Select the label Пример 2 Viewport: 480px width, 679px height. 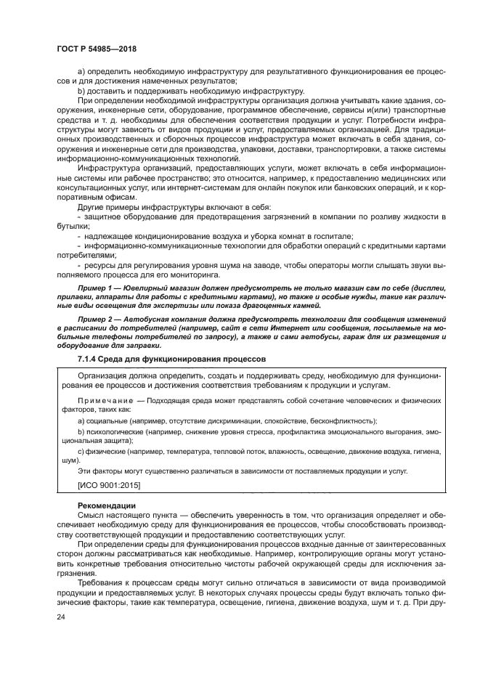95,320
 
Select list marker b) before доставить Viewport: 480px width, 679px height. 80,91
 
